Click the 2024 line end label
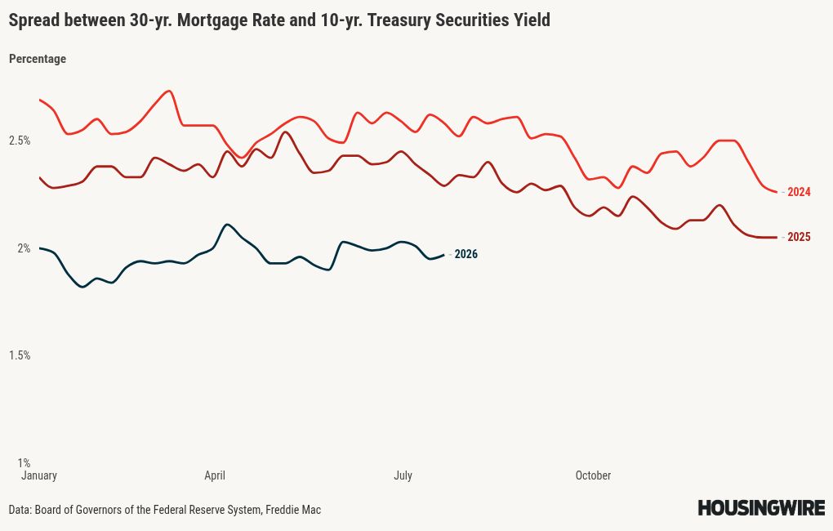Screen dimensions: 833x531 (799, 192)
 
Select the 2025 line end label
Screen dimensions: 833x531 (799, 237)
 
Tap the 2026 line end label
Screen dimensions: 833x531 (465, 254)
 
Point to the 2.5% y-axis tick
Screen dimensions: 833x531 (20, 141)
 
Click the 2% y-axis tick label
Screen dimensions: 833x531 (24, 248)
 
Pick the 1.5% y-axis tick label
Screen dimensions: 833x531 (20, 355)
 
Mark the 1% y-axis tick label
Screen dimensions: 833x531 (24, 463)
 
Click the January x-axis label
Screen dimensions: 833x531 (38, 475)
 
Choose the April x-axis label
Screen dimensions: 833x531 (215, 475)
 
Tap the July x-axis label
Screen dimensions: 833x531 (403, 475)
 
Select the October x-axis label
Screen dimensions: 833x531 (593, 475)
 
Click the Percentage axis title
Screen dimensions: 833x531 (38, 59)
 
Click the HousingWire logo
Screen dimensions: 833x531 (761, 507)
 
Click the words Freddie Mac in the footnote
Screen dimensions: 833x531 (293, 510)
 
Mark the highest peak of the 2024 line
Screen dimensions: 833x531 (169, 91)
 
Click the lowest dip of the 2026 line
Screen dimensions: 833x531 (82, 287)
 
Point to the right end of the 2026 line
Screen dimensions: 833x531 (444, 255)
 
